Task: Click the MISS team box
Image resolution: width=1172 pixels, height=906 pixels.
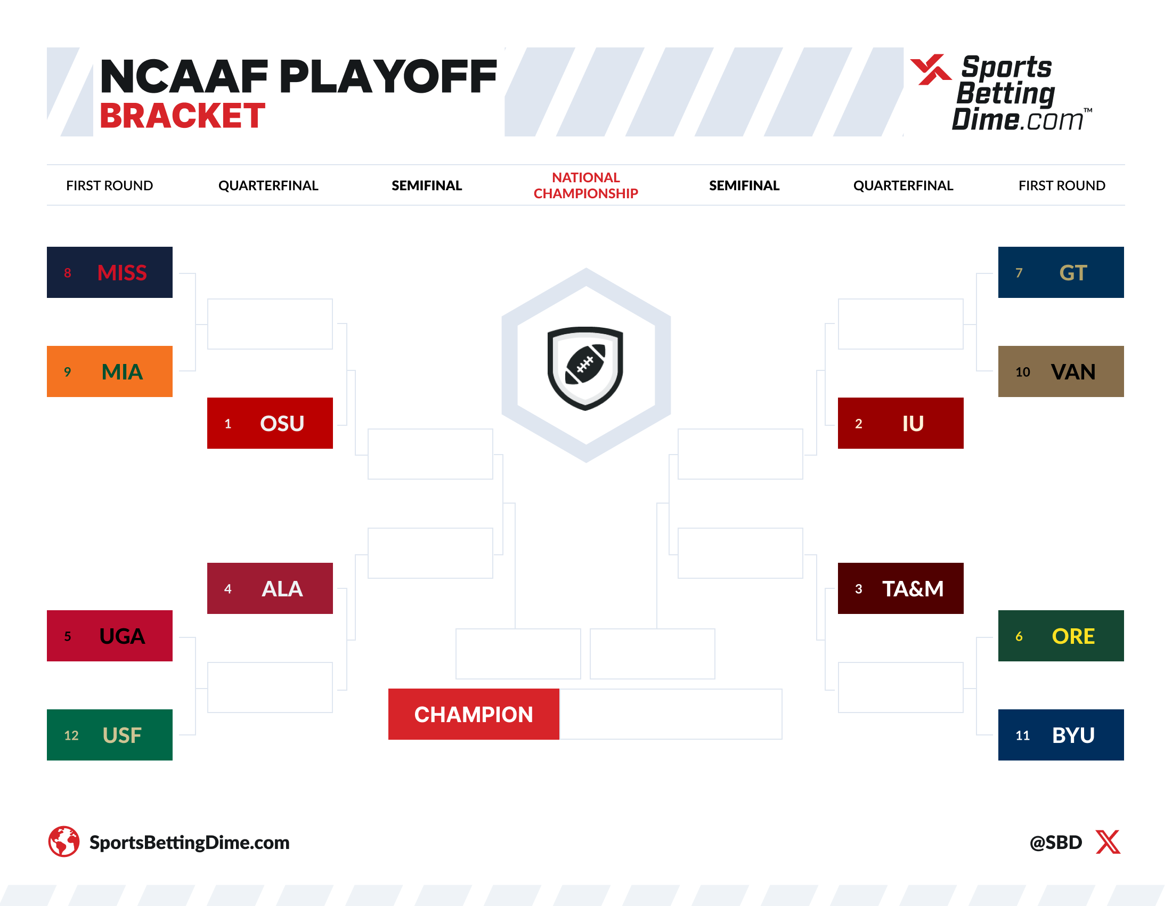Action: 109,272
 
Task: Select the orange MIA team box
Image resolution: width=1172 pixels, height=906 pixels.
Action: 109,371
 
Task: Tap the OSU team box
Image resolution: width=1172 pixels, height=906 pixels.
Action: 270,423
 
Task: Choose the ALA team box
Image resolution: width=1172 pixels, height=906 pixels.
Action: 270,588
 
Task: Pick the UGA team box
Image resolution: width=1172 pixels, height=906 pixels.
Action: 109,635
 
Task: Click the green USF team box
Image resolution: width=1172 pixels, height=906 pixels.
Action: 109,735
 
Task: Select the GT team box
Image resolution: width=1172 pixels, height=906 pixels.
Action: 1060,272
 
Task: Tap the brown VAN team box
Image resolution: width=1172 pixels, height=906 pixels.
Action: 1060,371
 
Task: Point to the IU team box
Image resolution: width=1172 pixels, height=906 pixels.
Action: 900,423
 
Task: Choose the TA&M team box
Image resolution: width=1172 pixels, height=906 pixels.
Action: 900,588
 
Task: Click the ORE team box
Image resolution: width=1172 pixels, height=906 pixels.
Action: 1060,635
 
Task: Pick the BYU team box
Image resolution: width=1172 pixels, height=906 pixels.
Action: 1060,735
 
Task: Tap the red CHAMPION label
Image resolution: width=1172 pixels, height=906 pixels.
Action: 473,714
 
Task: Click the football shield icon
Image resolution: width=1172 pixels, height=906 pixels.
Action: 585,368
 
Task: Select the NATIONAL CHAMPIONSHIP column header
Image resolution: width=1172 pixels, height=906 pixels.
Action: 585,185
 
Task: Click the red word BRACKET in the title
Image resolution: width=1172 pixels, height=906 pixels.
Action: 182,116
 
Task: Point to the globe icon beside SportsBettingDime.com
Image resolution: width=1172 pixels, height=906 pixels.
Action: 64,841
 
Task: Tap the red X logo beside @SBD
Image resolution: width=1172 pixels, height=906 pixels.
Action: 1108,842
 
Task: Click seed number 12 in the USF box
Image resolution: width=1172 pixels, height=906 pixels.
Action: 71,735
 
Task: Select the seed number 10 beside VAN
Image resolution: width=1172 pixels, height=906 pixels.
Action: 1022,372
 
